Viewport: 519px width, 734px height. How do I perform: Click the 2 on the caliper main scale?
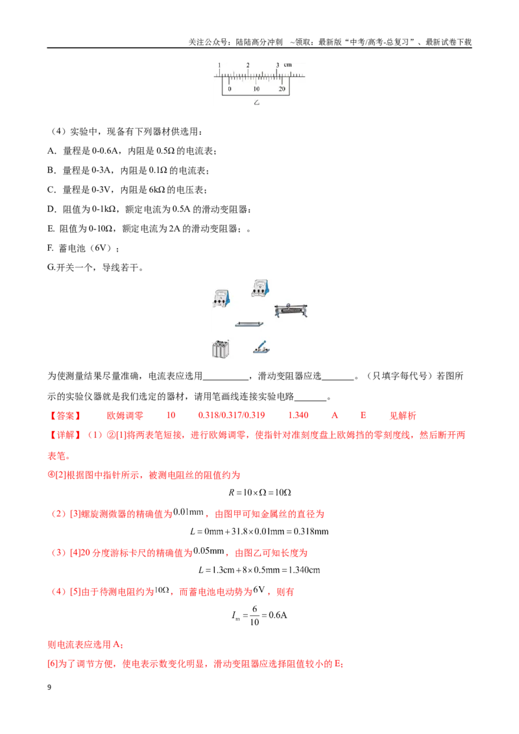pyautogui.click(x=248, y=65)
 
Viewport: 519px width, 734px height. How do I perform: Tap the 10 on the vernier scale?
pyautogui.click(x=256, y=88)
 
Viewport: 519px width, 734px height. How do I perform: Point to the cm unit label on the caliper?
pyautogui.click(x=288, y=65)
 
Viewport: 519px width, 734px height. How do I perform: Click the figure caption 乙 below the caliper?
pyautogui.click(x=257, y=102)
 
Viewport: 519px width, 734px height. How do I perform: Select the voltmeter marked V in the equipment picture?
pyautogui.click(x=260, y=288)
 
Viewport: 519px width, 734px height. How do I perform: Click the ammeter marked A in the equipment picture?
pyautogui.click(x=221, y=298)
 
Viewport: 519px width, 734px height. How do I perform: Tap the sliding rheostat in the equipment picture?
pyautogui.click(x=291, y=311)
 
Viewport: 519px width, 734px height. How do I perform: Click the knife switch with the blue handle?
pyautogui.click(x=261, y=347)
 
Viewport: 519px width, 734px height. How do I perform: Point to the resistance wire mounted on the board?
pyautogui.click(x=249, y=324)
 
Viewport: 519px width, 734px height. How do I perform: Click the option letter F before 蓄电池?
pyautogui.click(x=51, y=248)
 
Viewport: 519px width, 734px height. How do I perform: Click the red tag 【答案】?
pyautogui.click(x=65, y=416)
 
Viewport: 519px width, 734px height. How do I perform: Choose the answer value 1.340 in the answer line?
pyautogui.click(x=298, y=415)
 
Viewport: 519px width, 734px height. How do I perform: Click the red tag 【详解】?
pyautogui.click(x=65, y=435)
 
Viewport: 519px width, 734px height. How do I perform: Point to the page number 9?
pyautogui.click(x=49, y=687)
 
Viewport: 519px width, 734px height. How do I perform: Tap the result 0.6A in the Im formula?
pyautogui.click(x=277, y=615)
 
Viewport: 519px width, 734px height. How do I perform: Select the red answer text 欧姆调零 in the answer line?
pyautogui.click(x=125, y=416)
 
